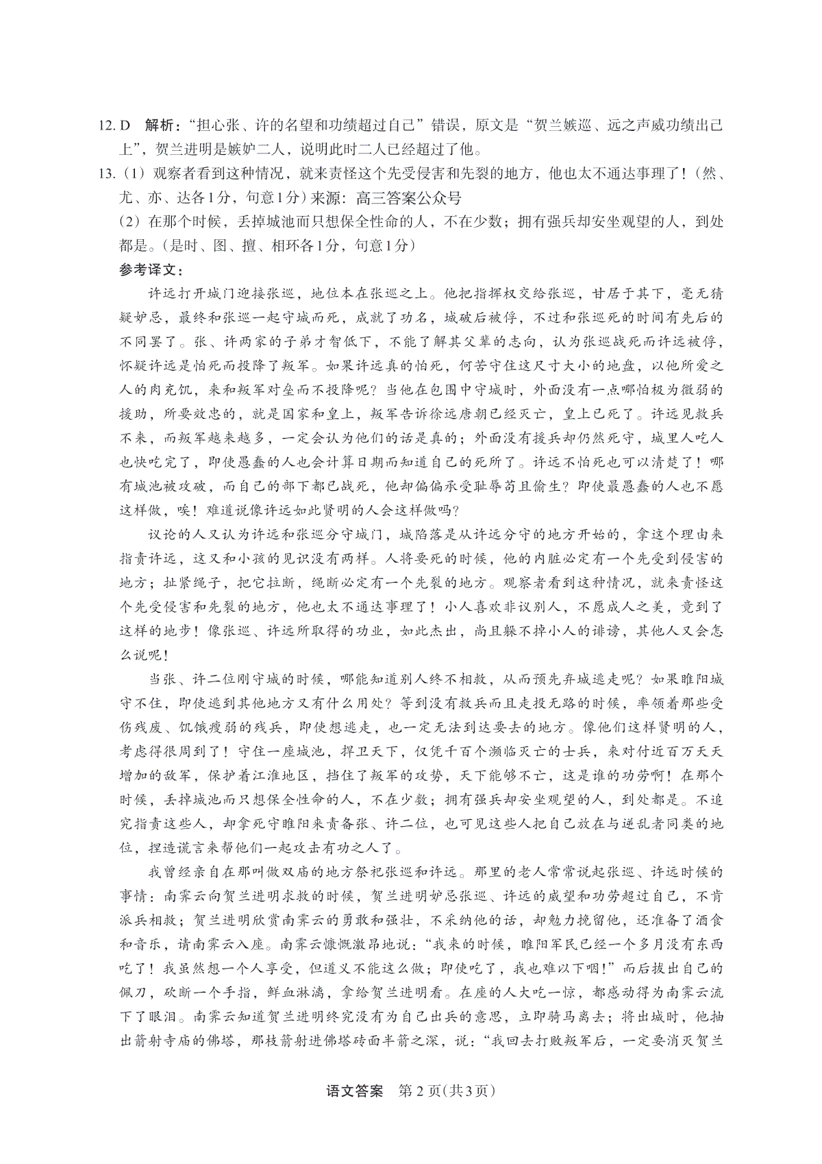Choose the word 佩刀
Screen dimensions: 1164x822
point(134,992)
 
